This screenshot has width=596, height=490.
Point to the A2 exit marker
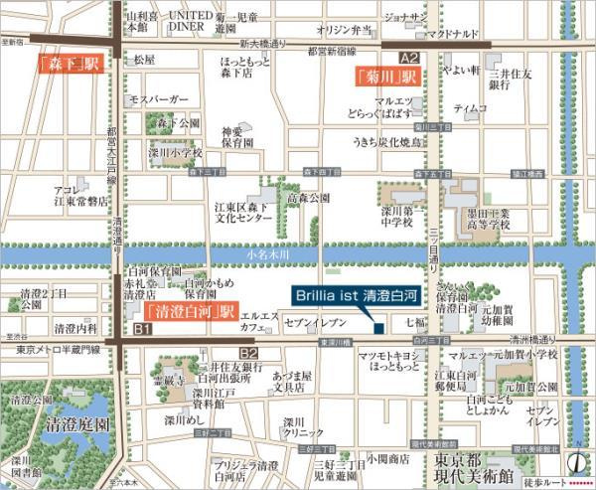409,59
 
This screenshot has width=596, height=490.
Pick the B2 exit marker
248,353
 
